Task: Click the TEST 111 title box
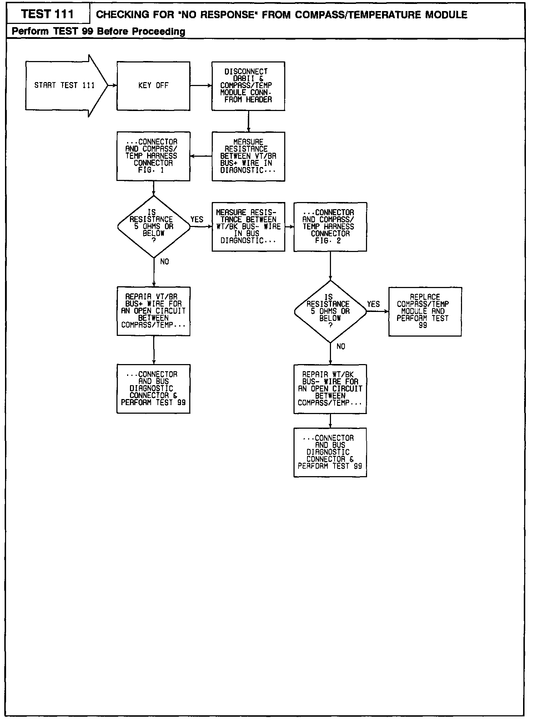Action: [47, 14]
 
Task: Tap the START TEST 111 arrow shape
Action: [64, 85]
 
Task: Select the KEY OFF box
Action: [153, 86]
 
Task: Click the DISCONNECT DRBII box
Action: [248, 86]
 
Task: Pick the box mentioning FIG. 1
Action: [153, 156]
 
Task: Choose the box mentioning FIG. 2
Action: [330, 227]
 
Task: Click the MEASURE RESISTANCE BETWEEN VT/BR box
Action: [248, 156]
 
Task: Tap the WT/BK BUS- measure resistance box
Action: [248, 227]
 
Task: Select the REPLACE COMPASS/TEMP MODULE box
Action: [425, 311]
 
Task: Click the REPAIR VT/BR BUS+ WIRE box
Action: [153, 311]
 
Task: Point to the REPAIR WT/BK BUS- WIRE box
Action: [330, 389]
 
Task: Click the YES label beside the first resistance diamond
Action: [197, 220]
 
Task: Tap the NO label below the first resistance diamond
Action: [164, 262]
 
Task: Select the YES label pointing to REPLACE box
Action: [373, 304]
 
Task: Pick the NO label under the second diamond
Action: [341, 346]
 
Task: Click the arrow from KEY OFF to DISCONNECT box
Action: [201, 86]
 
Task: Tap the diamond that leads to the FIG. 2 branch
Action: [154, 226]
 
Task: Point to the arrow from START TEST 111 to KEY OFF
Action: [112, 86]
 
